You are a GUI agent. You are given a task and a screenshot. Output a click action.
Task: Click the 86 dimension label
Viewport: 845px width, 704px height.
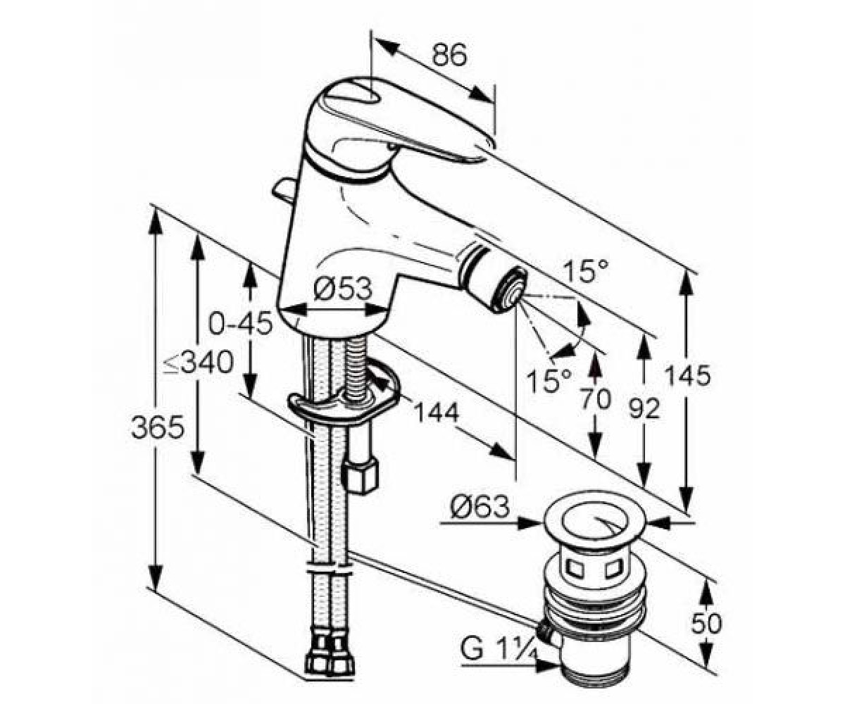click(449, 55)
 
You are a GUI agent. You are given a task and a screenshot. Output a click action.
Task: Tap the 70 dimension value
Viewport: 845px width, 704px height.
click(596, 399)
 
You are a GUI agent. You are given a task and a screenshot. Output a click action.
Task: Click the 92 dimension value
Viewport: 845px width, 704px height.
click(644, 408)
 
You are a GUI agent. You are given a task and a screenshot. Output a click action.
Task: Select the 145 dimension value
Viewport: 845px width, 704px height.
click(688, 375)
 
